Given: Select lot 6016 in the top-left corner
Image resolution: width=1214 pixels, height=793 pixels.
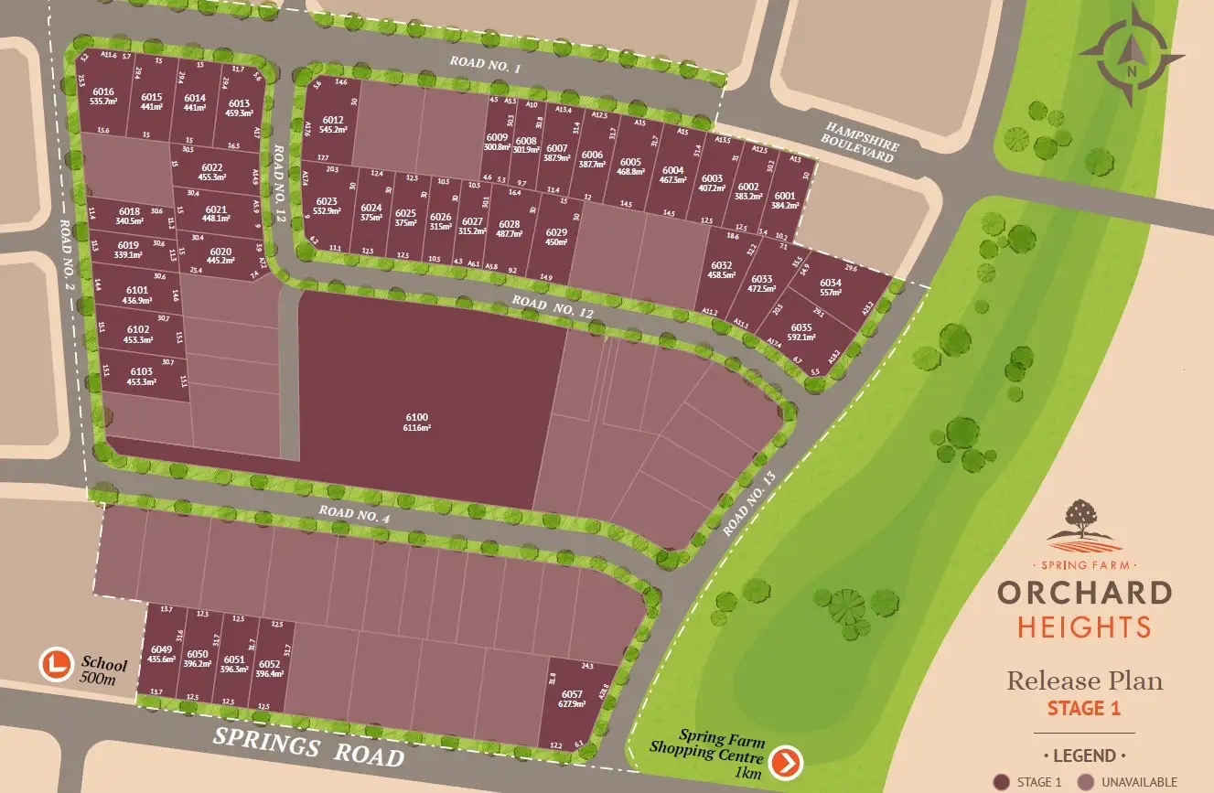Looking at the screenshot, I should pos(103,97).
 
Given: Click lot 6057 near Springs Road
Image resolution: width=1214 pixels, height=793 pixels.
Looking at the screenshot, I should pos(572,699).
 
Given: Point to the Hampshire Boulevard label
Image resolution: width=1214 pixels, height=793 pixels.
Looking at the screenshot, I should pos(862,143).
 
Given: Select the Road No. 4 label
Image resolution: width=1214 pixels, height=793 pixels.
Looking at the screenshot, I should pos(355,515).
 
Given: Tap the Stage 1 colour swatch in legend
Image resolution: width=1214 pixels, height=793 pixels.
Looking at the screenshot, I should pos(1002,782).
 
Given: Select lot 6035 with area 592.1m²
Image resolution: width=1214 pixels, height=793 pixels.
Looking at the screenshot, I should pos(801,331).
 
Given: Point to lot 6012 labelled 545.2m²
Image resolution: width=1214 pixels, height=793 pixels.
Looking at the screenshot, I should pos(332,125).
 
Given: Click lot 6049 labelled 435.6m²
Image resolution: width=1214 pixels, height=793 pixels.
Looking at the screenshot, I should pos(162,654).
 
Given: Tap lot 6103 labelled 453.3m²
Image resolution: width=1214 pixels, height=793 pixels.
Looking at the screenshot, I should pos(141,376).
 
